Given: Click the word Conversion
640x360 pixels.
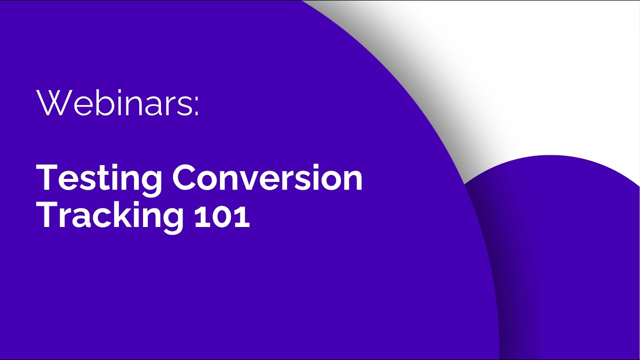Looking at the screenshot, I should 267,177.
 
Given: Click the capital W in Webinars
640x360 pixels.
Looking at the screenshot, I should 52,103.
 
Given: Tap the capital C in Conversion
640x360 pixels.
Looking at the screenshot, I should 185,177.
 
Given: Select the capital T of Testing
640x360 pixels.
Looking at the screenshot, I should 47,177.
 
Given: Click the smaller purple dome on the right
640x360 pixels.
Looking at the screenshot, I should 565,250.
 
